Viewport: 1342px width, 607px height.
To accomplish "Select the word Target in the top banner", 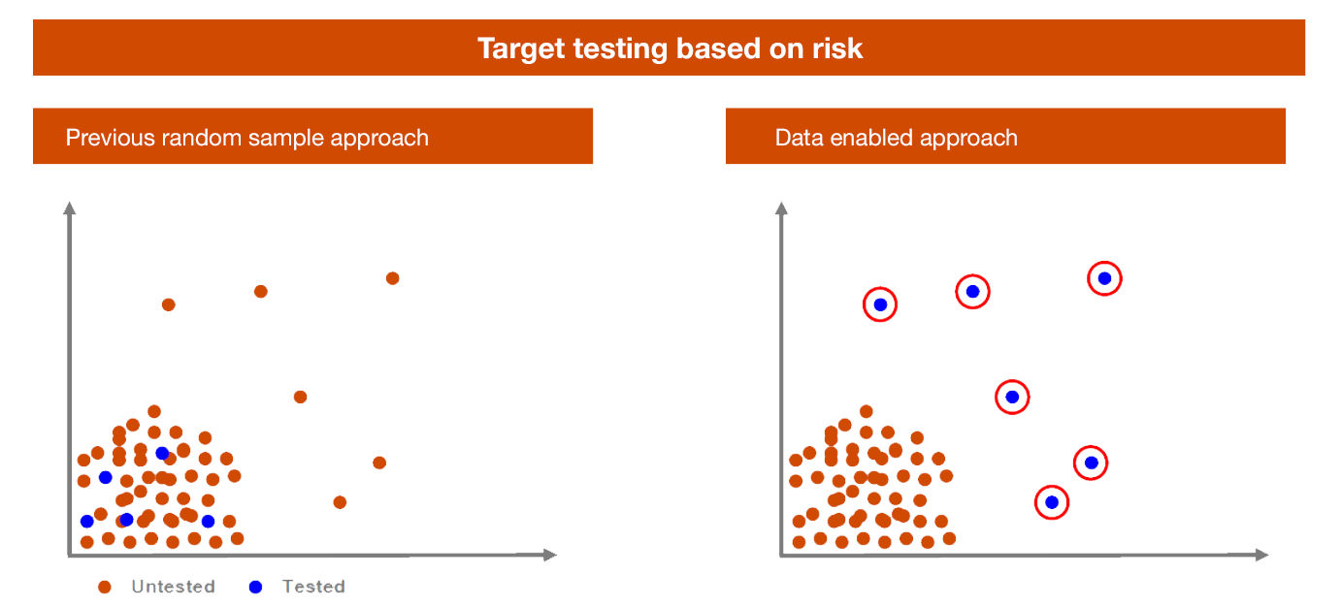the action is pos(521,49).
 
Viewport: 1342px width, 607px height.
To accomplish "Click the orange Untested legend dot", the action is pos(104,588).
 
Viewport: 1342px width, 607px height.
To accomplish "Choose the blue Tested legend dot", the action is pos(255,588).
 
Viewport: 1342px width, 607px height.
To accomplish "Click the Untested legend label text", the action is pos(173,587).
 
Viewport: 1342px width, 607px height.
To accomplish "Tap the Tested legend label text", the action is pos(313,587).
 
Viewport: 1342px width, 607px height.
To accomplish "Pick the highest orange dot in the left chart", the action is pos(392,278).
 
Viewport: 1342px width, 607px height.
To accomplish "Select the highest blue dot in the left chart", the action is pos(162,454).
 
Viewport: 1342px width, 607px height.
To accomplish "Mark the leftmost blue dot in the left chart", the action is pos(87,522).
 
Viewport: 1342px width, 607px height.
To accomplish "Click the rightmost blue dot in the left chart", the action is pos(208,522).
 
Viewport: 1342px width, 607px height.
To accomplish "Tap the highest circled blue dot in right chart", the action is pos(1105,278).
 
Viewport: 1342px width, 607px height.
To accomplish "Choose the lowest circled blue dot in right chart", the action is pos(1052,502).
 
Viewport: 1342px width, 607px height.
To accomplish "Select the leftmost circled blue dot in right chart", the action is pos(880,304).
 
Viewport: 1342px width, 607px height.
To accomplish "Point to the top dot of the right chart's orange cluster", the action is pos(866,412).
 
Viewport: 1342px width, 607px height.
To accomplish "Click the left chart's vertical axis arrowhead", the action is pos(70,208).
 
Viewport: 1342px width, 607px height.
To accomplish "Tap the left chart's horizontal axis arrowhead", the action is pos(550,555).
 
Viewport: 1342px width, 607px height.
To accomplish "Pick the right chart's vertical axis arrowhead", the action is pos(781,208).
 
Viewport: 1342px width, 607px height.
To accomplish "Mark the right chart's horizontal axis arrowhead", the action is pos(1261,555).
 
